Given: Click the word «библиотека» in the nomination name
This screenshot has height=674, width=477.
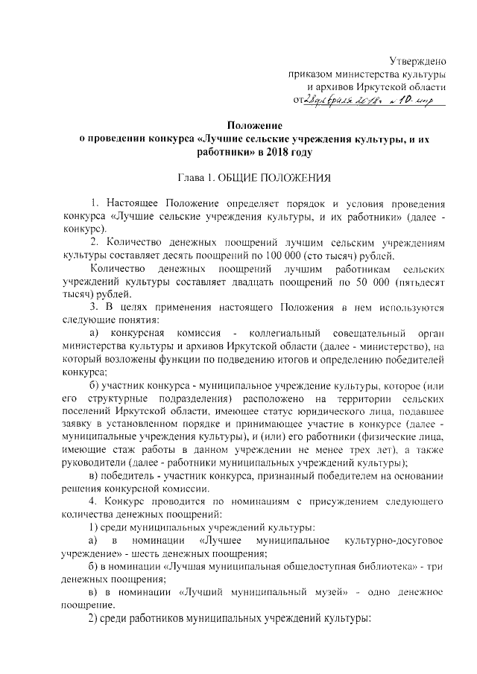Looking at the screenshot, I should click(380, 567).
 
